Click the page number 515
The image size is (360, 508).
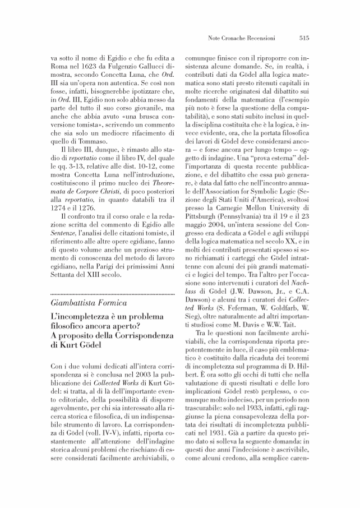(305, 39)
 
